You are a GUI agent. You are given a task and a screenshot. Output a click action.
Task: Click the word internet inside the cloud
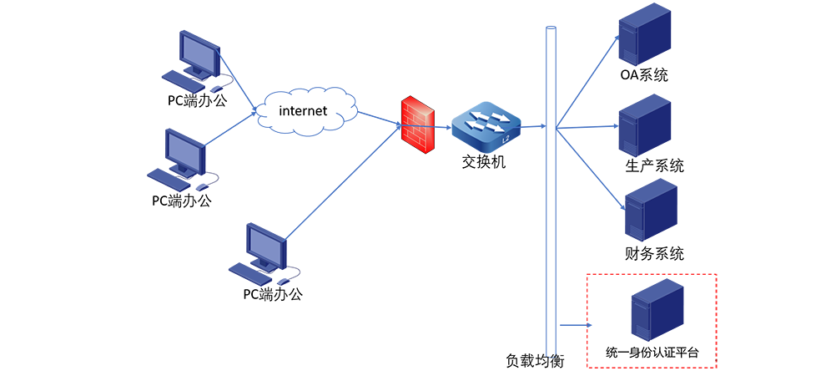303,110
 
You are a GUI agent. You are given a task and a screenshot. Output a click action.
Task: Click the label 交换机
484,162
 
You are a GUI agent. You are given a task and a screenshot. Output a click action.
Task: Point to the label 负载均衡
536,361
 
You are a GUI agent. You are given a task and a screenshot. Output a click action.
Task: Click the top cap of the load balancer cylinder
550,30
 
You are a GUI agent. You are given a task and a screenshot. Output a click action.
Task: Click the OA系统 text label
644,76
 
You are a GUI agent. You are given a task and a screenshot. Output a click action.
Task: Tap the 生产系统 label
654,165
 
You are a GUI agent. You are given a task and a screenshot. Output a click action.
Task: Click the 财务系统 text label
654,253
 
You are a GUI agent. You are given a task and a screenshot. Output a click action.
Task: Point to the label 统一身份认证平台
652,353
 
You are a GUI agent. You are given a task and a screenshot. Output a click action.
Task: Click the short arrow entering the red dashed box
576,326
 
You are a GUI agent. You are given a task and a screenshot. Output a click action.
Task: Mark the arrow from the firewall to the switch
443,127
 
